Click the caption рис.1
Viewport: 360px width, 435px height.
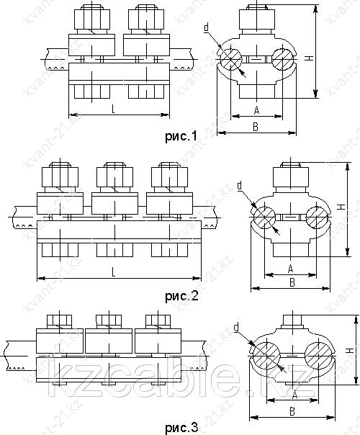pos(181,136)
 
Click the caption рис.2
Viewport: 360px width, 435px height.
pos(181,296)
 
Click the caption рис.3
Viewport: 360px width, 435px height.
pos(181,428)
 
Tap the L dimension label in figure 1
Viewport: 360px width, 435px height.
pos(113,109)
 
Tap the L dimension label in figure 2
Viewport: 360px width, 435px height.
pos(114,273)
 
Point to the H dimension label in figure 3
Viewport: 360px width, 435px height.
pos(351,351)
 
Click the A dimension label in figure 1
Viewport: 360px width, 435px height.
pos(257,110)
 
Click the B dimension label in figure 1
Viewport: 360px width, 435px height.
pos(256,127)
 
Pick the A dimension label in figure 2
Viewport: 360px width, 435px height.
pos(290,268)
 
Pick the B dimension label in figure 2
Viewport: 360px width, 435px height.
pos(292,282)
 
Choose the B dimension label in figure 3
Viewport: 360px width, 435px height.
pos(292,411)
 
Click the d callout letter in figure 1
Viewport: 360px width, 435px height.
pos(207,27)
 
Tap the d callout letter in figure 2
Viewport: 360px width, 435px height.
pos(240,185)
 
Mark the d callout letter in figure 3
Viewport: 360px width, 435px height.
pos(236,328)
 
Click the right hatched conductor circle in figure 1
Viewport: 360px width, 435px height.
pos(283,59)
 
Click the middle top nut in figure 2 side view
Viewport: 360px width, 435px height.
pos(114,176)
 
